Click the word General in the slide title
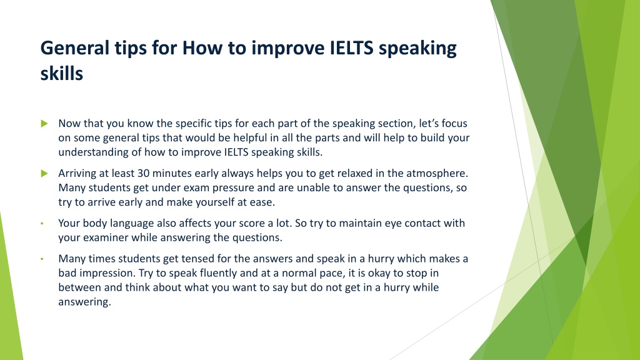pyautogui.click(x=75, y=47)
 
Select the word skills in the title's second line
pyautogui.click(x=62, y=74)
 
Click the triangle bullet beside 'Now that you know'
pyautogui.click(x=44, y=123)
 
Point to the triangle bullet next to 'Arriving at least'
pyautogui.click(x=44, y=174)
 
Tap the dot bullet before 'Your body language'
pyautogui.click(x=42, y=224)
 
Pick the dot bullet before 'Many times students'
pyautogui.click(x=42, y=259)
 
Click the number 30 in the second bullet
pyautogui.click(x=143, y=173)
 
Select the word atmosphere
pyautogui.click(x=437, y=173)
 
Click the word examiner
pyautogui.click(x=106, y=237)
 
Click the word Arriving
pyautogui.click(x=78, y=174)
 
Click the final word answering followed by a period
pyautogui.click(x=84, y=302)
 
